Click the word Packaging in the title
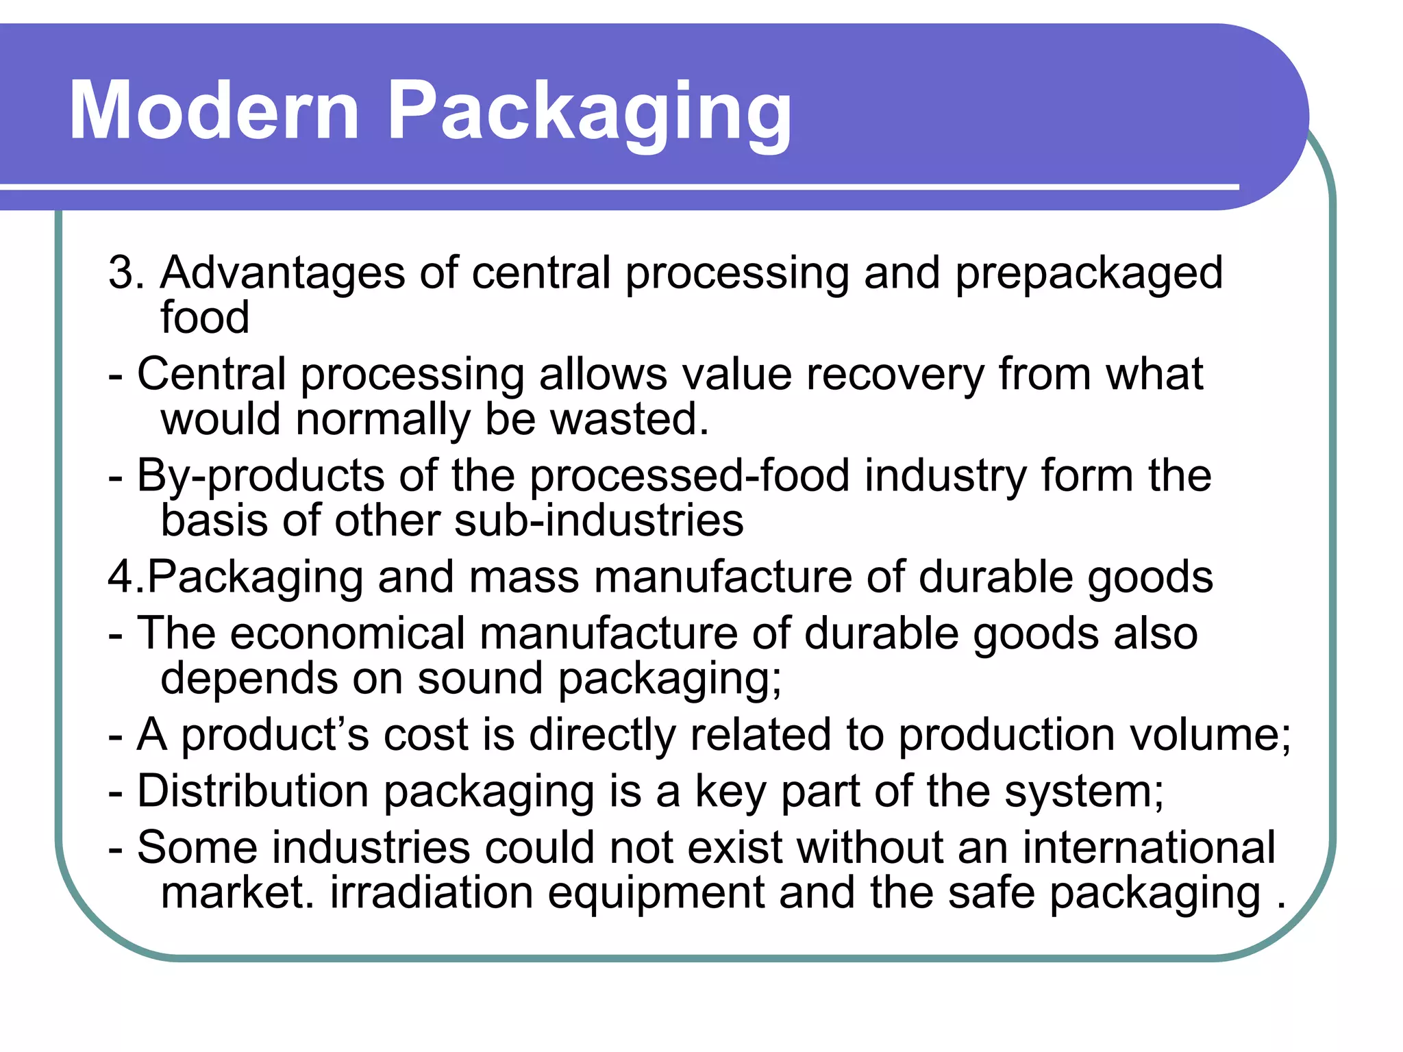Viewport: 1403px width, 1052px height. [589, 113]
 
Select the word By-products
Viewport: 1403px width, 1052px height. [261, 477]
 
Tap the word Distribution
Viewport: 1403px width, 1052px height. [253, 791]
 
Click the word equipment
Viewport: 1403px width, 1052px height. [656, 894]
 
